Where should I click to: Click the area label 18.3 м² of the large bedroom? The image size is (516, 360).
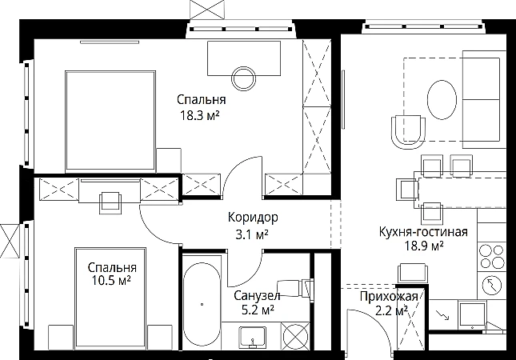tap(199, 116)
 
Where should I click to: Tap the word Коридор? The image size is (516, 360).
tap(253, 218)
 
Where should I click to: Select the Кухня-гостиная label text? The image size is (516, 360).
tap(423, 232)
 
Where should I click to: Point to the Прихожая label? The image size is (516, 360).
tap(389, 296)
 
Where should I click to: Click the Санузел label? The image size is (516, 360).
tap(257, 295)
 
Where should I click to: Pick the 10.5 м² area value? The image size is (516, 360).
tap(111, 281)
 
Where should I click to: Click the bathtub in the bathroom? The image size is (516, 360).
tap(202, 305)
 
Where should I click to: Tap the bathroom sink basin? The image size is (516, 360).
tap(253, 336)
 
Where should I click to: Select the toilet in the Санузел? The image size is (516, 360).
tap(295, 288)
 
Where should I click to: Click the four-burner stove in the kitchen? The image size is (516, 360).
tap(492, 257)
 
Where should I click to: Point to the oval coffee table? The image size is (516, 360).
tap(442, 99)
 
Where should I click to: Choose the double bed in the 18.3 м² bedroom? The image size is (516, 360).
tap(110, 121)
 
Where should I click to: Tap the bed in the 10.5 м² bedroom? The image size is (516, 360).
tap(110, 298)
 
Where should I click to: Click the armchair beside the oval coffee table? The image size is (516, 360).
tap(408, 132)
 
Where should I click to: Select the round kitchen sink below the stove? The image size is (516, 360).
tap(492, 285)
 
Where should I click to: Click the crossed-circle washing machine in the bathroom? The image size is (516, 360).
tap(296, 336)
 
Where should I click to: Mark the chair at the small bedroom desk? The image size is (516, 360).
tap(110, 202)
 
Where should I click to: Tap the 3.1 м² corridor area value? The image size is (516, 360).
tap(252, 234)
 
